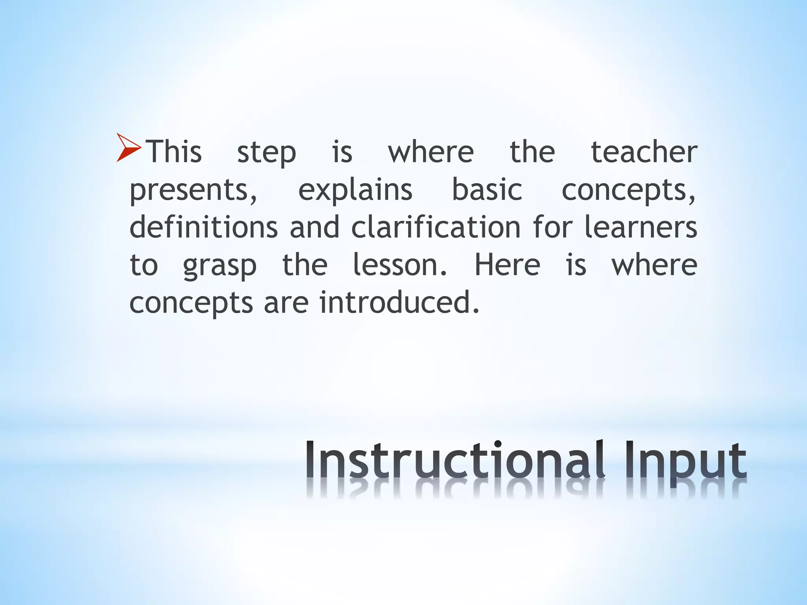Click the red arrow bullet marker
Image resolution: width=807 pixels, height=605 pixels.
tap(128, 148)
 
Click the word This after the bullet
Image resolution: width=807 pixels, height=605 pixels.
tap(174, 152)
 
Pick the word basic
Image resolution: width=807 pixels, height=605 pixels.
tap(487, 190)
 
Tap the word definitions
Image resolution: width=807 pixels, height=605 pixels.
tap(204, 227)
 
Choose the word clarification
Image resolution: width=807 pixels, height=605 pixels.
tap(436, 227)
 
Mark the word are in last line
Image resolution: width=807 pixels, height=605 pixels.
tap(286, 303)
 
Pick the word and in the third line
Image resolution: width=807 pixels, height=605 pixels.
tap(314, 227)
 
